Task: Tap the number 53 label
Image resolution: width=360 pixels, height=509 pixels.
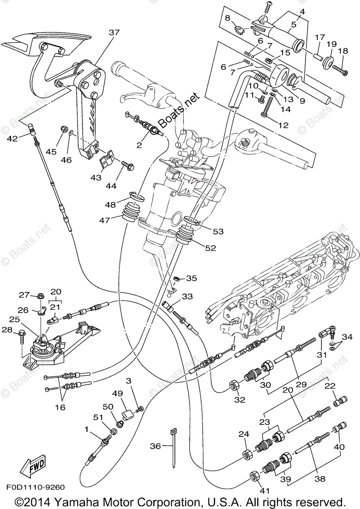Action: pos(218,232)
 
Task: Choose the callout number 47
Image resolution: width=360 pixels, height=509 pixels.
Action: pos(105,220)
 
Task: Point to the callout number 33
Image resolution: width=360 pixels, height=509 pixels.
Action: pos(187,296)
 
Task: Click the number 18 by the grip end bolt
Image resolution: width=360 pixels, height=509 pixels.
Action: pos(343,50)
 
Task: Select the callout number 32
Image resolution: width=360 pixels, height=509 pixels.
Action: pos(240,400)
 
